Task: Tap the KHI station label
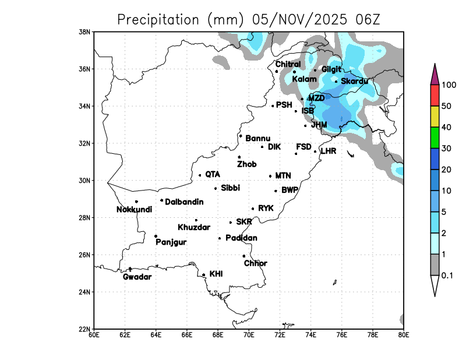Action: point(216,273)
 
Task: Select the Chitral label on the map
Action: point(288,64)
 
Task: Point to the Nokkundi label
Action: point(134,210)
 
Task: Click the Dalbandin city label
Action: point(184,202)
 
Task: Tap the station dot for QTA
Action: point(200,175)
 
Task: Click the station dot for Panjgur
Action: point(156,236)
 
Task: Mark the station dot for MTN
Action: point(270,176)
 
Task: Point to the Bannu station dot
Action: point(241,136)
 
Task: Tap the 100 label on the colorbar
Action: point(448,85)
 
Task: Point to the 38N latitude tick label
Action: point(85,31)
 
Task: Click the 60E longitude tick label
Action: point(94,334)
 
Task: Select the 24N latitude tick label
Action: point(85,292)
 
